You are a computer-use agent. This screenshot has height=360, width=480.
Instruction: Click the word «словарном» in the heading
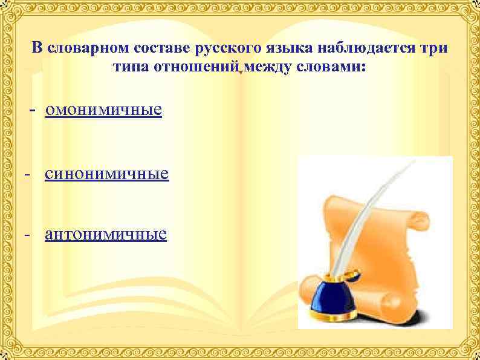[x=78, y=48]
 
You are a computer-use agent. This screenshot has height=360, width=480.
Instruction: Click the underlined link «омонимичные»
[x=103, y=111]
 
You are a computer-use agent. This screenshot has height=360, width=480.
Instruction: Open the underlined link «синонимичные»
[x=106, y=175]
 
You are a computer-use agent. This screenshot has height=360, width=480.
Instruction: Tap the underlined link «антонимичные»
[x=106, y=234]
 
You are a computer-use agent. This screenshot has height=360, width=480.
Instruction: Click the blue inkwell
[x=333, y=296]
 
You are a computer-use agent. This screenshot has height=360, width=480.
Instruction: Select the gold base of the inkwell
[x=336, y=318]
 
